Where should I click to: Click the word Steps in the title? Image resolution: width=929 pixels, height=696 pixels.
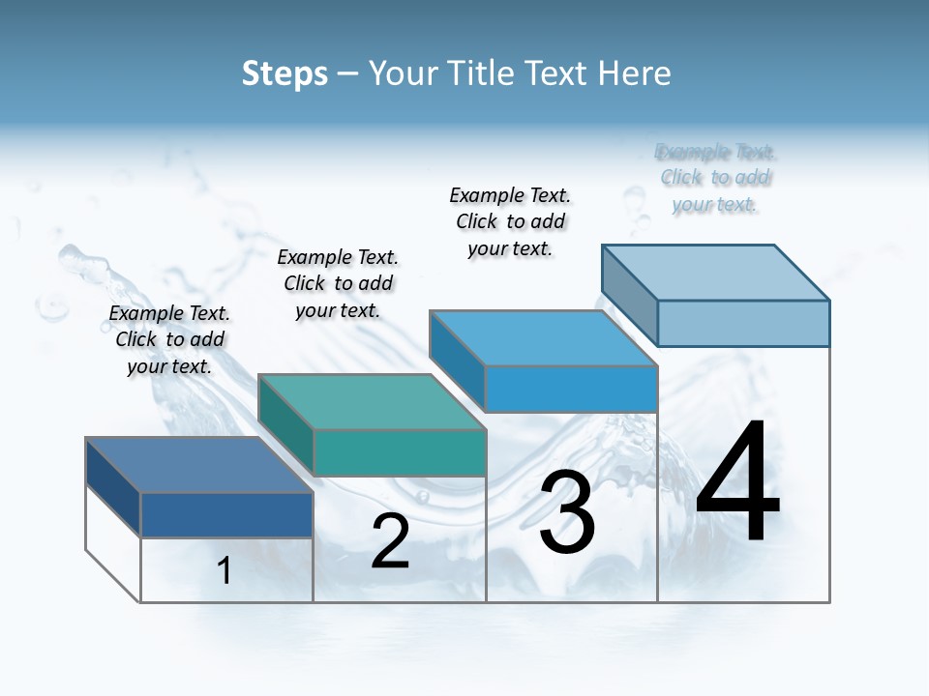coord(285,73)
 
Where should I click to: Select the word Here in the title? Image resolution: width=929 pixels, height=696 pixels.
coord(635,73)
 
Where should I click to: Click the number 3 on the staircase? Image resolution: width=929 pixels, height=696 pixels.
coord(567,513)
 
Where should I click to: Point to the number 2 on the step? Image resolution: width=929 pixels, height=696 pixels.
coord(390,541)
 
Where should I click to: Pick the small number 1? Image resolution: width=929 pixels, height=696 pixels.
coord(225,570)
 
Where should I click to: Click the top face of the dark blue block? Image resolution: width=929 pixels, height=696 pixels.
coord(198,465)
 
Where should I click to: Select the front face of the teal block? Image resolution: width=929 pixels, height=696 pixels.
coord(400,452)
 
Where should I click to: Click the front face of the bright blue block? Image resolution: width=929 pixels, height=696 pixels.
coord(571,389)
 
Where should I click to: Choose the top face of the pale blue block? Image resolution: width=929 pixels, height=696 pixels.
coord(716,272)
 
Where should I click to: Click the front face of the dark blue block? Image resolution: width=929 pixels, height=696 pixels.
coord(226,514)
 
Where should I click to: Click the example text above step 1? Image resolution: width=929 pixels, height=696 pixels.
coord(169,339)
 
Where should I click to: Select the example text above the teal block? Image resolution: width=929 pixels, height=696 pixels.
coord(338,283)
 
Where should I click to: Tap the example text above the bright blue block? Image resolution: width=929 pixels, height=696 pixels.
coord(510,221)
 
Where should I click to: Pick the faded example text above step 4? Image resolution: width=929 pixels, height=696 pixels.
coord(715,178)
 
